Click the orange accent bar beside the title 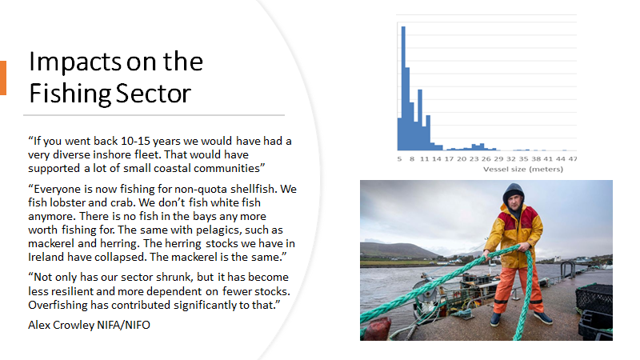pos(2,78)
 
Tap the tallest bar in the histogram pos(403,88)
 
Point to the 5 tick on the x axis pos(398,159)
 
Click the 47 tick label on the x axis pos(573,159)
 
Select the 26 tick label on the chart pos(486,159)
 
